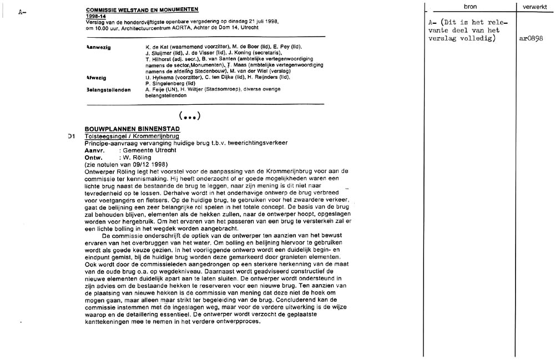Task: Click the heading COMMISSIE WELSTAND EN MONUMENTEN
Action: [142, 10]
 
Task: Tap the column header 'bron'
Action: [470, 6]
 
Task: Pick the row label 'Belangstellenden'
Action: [109, 90]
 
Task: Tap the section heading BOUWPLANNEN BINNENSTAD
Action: [132, 129]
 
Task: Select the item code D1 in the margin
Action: [71, 136]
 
